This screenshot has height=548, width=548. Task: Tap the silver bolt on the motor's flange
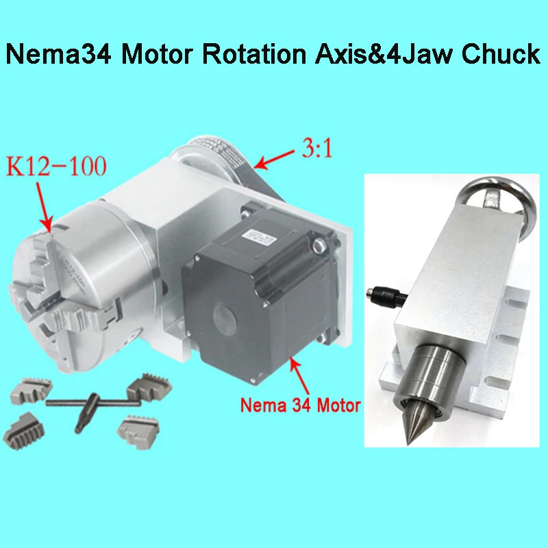pyautogui.click(x=318, y=243)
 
